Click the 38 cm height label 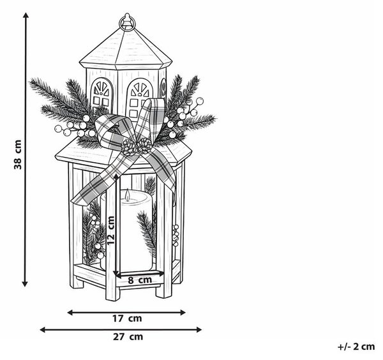(x=18, y=154)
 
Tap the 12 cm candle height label (x=110, y=230)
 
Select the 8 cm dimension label (x=140, y=280)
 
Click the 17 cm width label (x=127, y=319)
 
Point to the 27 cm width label (x=128, y=337)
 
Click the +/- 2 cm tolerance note (x=356, y=347)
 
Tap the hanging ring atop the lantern (x=126, y=22)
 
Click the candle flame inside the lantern (x=127, y=195)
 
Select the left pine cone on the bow (x=128, y=147)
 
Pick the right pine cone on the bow (x=145, y=146)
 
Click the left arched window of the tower (x=102, y=95)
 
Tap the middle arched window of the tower (x=139, y=99)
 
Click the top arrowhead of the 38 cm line (x=26, y=15)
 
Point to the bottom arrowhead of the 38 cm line (x=25, y=283)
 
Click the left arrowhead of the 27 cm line (x=43, y=330)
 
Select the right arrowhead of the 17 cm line (x=183, y=312)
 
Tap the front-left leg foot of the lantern (x=112, y=294)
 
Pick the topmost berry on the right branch (x=200, y=101)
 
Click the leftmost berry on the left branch (x=58, y=129)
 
